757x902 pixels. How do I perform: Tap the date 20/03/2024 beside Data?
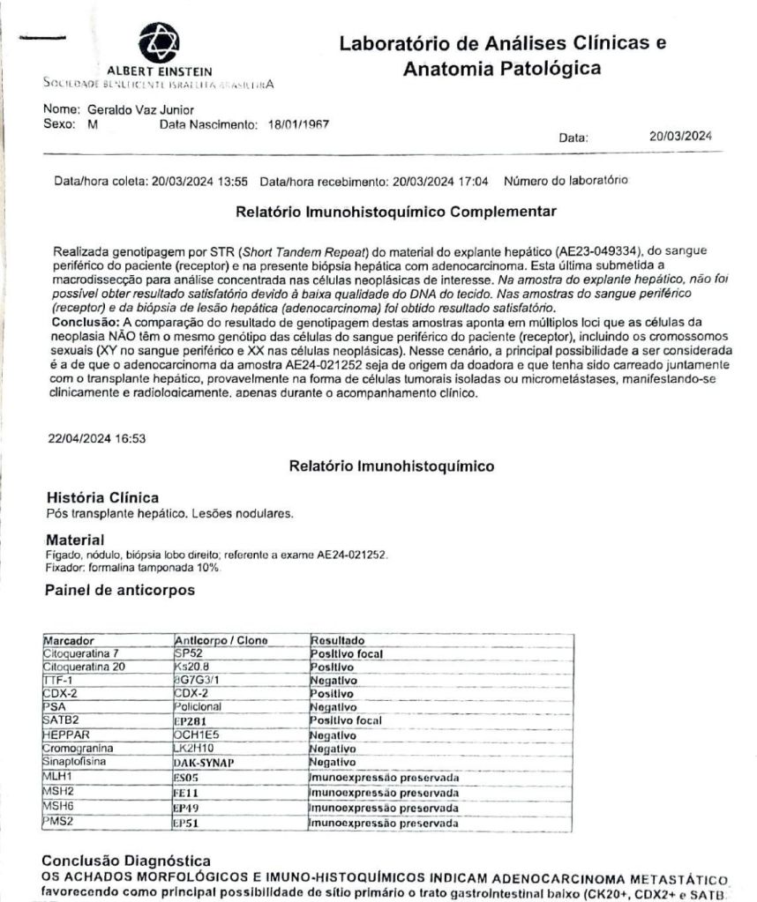tap(680, 137)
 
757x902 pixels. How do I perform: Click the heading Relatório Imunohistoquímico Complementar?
tap(396, 212)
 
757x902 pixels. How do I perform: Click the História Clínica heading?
tap(102, 497)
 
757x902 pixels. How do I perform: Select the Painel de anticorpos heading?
tap(119, 591)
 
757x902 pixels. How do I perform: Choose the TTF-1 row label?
tap(58, 680)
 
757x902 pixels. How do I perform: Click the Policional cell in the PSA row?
tap(199, 707)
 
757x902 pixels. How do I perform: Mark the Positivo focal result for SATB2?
tap(345, 720)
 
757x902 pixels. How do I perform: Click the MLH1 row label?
tap(58, 775)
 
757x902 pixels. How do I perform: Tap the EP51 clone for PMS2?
tap(188, 824)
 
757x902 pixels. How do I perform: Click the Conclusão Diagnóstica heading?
tap(126, 860)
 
